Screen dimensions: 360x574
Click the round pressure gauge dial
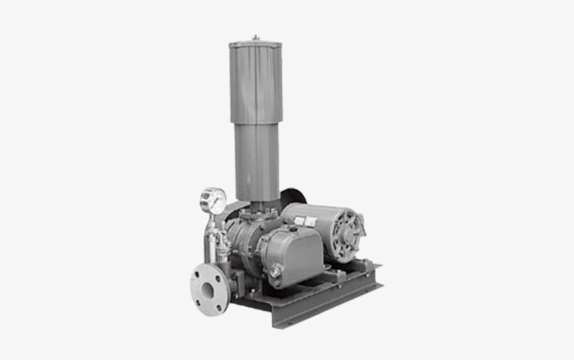tap(213, 201)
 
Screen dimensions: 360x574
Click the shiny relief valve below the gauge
tap(213, 242)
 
